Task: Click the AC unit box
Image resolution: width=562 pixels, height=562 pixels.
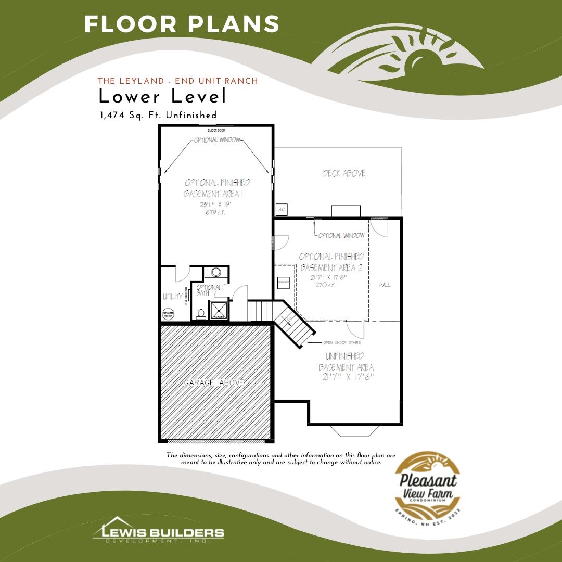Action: click(x=282, y=209)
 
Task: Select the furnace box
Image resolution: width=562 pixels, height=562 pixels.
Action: click(x=284, y=282)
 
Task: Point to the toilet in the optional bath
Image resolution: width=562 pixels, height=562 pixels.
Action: click(x=200, y=314)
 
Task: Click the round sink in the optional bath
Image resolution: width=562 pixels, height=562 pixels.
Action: click(x=214, y=272)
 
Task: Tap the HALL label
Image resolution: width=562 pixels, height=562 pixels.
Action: click(x=385, y=285)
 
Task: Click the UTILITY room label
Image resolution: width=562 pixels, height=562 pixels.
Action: click(x=173, y=297)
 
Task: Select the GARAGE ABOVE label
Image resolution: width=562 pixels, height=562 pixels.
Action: click(x=214, y=382)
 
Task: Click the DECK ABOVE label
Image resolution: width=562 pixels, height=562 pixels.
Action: click(x=344, y=173)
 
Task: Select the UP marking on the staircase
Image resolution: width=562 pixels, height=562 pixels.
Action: click(x=289, y=319)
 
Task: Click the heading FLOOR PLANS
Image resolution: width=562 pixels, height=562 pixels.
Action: click(x=182, y=24)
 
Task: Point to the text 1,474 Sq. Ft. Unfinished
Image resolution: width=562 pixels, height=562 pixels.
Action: click(x=158, y=115)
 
